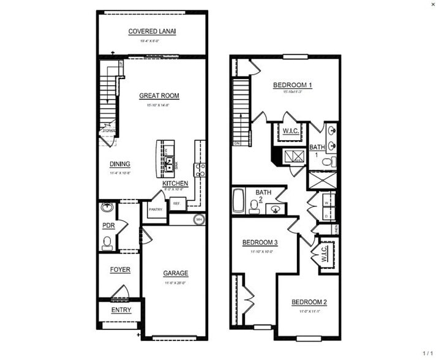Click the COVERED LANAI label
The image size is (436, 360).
coord(152,31)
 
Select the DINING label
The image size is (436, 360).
coord(119,164)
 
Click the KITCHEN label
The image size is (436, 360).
coord(175,184)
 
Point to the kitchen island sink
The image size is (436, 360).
coord(168,163)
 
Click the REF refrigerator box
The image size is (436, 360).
coord(177,204)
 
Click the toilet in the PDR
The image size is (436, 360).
coord(108,242)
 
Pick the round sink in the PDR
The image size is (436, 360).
coord(108,207)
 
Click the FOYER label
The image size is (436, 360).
coord(120,270)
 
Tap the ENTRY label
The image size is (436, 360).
coord(120,310)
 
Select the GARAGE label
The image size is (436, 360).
coord(175,274)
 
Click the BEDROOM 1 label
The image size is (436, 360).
coord(292,85)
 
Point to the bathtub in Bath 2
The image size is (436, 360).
coord(238,200)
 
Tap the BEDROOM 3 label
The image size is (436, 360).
coord(260,242)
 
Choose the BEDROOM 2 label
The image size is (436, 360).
coord(309,302)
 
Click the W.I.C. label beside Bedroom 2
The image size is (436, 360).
coord(325,252)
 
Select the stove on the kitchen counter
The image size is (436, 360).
coord(199,170)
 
